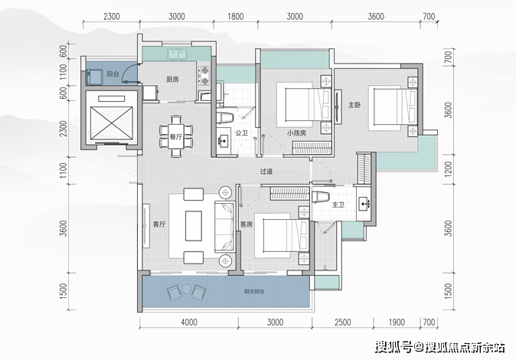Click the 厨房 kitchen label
pos(172,80)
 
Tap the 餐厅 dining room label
pos(176,136)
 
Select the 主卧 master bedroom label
pos(354,105)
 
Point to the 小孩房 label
pos(296,133)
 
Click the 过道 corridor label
pos(266,172)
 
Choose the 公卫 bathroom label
pos(242,133)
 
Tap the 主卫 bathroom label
pos(338,205)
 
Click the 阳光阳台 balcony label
pos(254,292)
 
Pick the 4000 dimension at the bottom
pos(189,322)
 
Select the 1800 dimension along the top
pos(236,17)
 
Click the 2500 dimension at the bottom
pos(342,322)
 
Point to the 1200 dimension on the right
pos(448,169)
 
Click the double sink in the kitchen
pos(177,54)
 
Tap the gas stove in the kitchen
pos(204,75)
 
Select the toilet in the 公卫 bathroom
pos(225,118)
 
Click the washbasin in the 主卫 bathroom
pos(364,204)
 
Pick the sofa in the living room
pos(224,227)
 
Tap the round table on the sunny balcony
pos(187,290)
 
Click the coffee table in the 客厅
pos(194,226)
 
